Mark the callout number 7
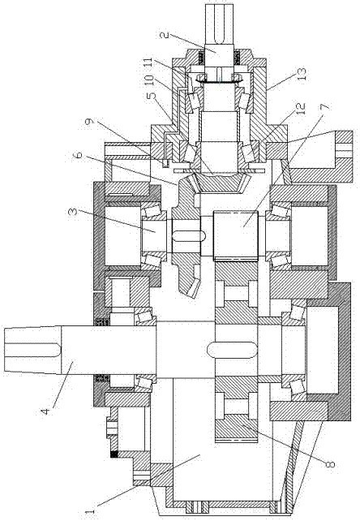tap(324, 107)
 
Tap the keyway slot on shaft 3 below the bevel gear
tap(189, 236)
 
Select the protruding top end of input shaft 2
tap(221, 24)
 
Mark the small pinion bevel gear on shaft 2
tap(220, 183)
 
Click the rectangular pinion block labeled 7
tap(236, 235)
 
